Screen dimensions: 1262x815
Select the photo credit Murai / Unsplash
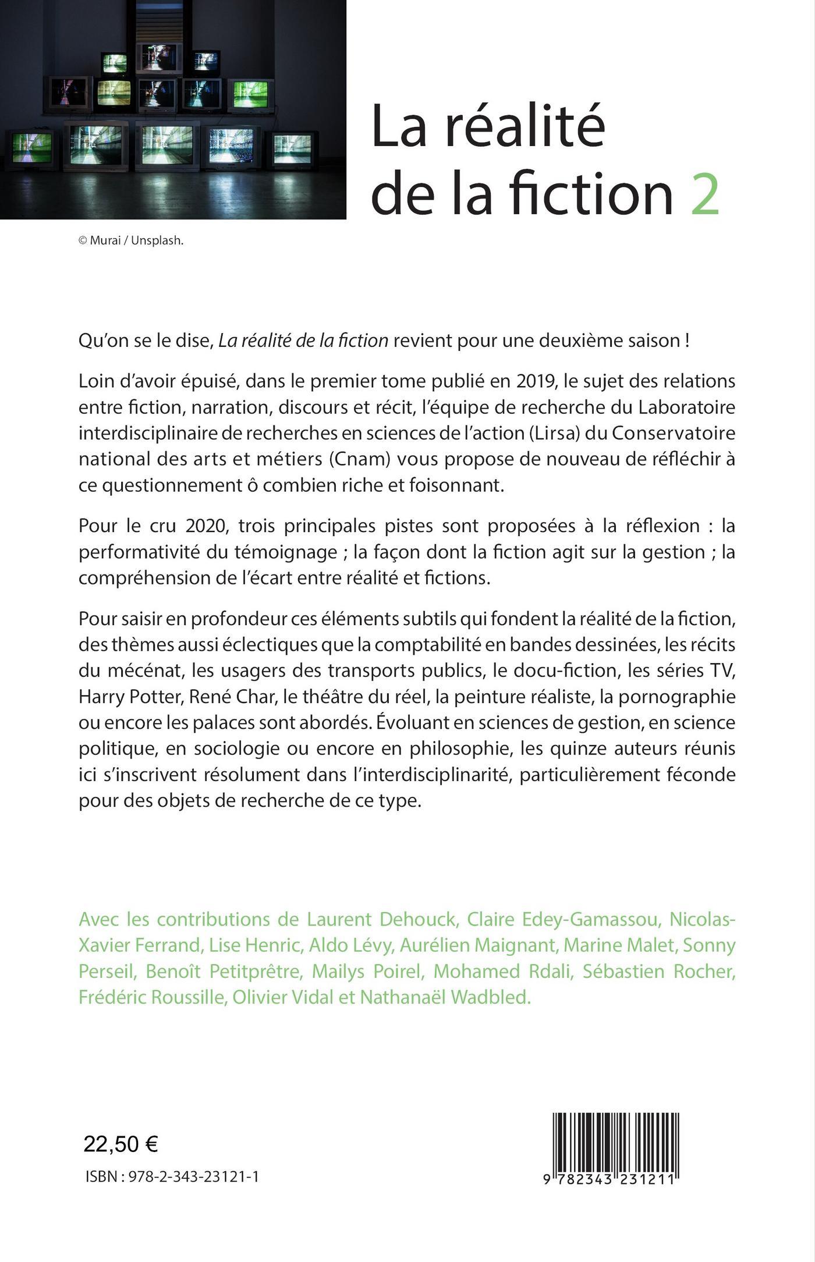(x=131, y=241)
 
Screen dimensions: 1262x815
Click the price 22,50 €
(x=121, y=1144)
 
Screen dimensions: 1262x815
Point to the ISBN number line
(x=172, y=1177)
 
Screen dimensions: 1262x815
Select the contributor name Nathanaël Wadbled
(x=445, y=997)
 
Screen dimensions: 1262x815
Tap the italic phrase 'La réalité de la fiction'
(x=303, y=341)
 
